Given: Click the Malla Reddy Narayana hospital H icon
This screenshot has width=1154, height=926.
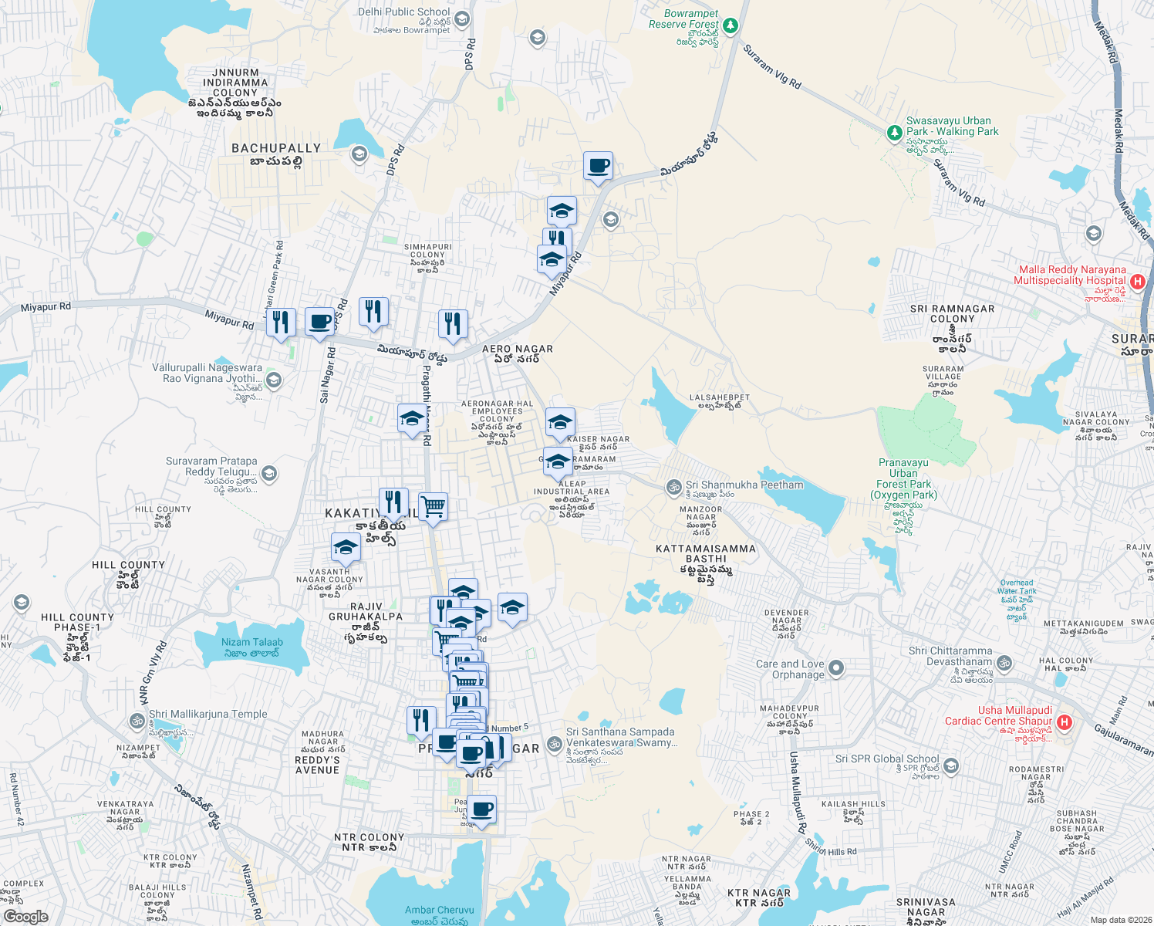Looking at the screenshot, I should (1137, 283).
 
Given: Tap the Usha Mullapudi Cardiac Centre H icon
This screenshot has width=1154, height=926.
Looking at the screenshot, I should (1065, 722).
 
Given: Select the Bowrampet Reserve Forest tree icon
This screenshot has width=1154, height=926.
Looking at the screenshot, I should (730, 25).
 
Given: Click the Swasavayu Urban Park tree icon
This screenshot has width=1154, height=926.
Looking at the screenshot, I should (894, 133).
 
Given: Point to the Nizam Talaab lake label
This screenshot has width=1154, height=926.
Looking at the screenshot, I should (251, 643).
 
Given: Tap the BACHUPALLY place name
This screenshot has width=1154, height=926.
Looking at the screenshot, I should (276, 148).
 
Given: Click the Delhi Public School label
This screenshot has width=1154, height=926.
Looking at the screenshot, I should (403, 12).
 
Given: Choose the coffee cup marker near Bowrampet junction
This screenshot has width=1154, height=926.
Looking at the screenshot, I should (598, 166).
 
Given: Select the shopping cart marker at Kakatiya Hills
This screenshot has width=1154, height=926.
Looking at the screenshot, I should (433, 507).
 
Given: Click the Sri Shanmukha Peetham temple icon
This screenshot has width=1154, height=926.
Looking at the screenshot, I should (674, 486).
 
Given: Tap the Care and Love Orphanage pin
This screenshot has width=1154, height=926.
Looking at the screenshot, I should (836, 667).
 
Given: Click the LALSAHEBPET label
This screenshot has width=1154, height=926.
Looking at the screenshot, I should (719, 398).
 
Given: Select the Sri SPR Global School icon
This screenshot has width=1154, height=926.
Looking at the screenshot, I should (951, 765).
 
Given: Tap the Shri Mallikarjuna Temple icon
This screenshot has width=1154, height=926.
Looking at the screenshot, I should (137, 722).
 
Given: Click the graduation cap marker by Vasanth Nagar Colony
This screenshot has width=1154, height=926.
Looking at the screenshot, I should (346, 547).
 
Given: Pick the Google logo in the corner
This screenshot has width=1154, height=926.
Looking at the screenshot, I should (25, 917).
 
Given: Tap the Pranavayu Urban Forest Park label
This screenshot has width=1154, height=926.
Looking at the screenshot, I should (903, 478).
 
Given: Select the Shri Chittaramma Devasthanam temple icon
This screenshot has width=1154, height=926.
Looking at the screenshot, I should (1004, 663).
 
